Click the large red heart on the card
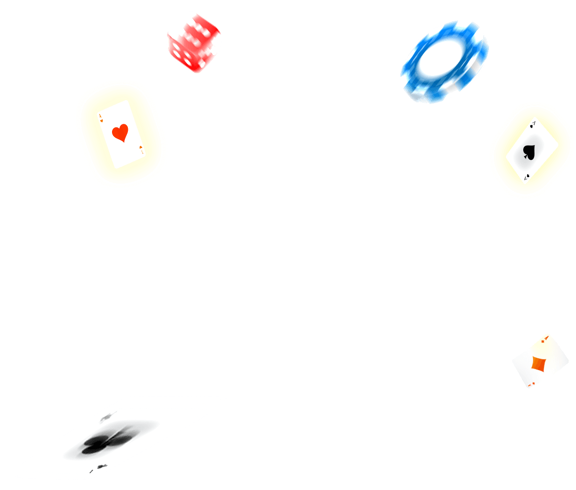[120, 133]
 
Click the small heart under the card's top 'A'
[101, 120]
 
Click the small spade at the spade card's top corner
[532, 125]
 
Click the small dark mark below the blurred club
[101, 466]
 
